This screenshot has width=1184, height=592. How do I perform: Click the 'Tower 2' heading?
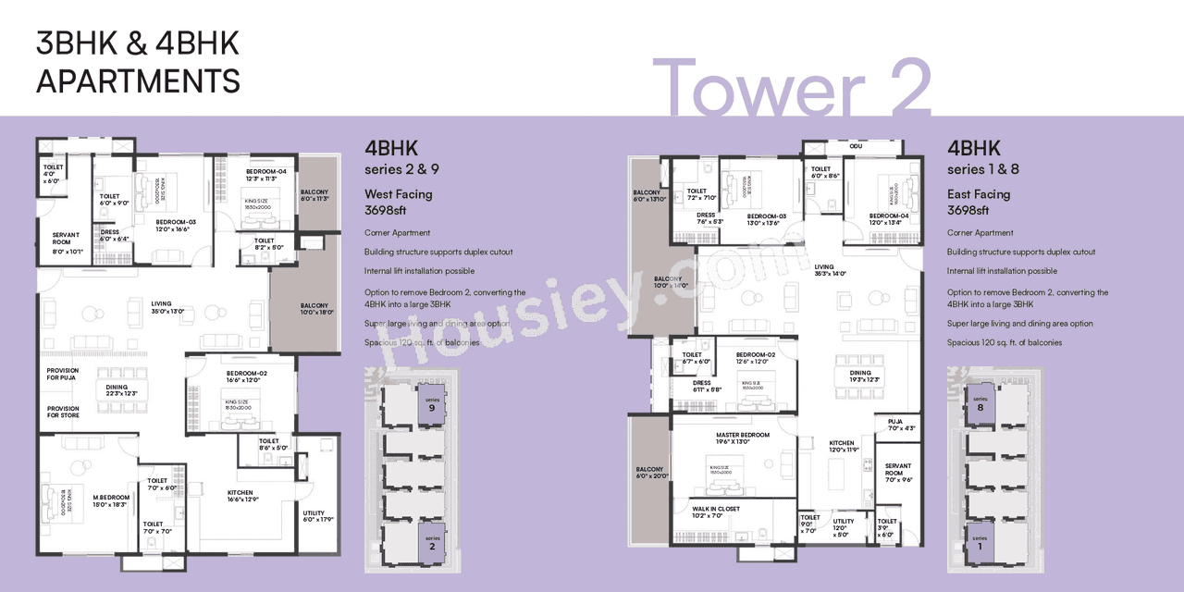point(791,88)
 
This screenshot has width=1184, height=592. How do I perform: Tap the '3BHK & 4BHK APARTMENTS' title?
point(138,62)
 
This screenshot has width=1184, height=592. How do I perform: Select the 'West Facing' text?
point(399,194)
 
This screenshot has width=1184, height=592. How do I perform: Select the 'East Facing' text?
point(979,194)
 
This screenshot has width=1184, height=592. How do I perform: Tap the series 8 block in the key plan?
point(980,403)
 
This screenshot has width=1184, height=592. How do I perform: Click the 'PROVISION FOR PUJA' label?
point(63,375)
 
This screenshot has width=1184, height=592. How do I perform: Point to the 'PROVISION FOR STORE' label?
point(63,412)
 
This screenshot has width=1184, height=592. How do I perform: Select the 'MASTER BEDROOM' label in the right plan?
point(742,438)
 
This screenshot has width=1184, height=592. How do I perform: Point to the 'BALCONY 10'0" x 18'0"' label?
point(314,309)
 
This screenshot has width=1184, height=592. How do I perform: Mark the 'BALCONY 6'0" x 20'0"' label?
point(649,472)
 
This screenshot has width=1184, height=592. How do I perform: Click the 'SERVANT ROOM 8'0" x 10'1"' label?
point(66,241)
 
